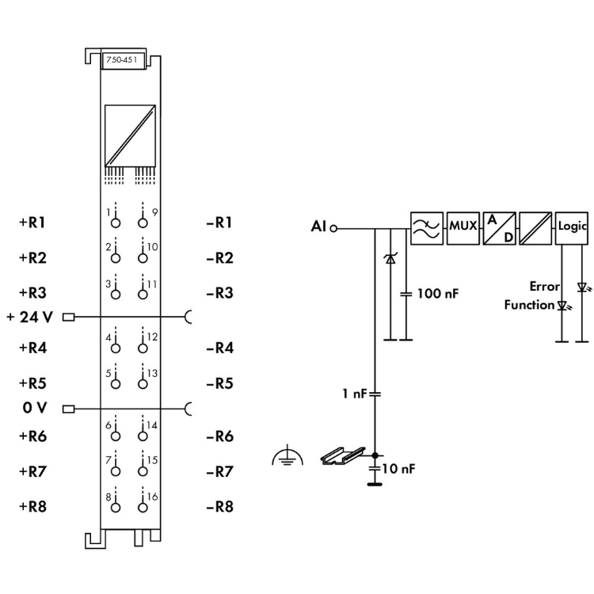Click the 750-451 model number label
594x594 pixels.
tap(123, 60)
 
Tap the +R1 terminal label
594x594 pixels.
tap(32, 223)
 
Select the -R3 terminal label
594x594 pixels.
tap(219, 293)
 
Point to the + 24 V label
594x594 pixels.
tap(30, 318)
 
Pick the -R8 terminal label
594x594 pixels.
tap(219, 507)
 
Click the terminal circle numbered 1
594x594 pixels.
tap(115, 223)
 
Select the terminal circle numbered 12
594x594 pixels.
tap(143, 348)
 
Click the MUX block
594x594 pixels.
tap(463, 227)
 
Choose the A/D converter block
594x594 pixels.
tap(499, 227)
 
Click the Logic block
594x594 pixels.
tap(572, 227)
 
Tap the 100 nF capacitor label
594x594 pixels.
tap(438, 293)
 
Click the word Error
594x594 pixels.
tap(545, 287)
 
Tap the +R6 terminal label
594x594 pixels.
tap(32, 436)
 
